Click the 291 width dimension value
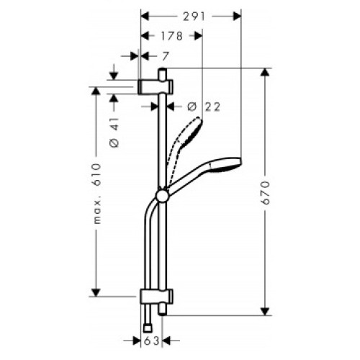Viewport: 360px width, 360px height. click(194, 17)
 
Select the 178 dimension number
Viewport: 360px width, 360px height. click(172, 36)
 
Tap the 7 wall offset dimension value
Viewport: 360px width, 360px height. click(164, 57)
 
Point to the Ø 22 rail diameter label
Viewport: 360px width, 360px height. click(204, 107)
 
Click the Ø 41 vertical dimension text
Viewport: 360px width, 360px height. click(114, 132)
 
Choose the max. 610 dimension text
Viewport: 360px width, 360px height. click(97, 194)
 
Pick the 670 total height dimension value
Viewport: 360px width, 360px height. click(266, 193)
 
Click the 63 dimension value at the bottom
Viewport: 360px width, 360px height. click(152, 341)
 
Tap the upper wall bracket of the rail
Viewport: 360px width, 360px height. click(156, 86)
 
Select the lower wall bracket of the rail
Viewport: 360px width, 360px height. click(156, 297)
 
